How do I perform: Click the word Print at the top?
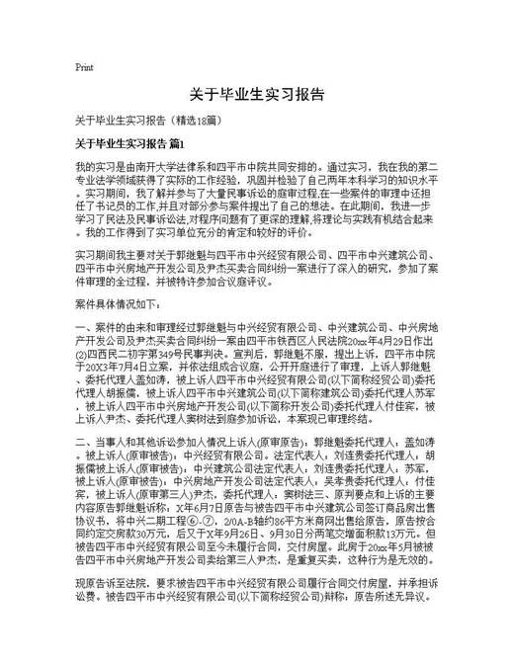pyautogui.click(x=84, y=68)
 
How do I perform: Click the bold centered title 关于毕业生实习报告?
pyautogui.click(x=257, y=96)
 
